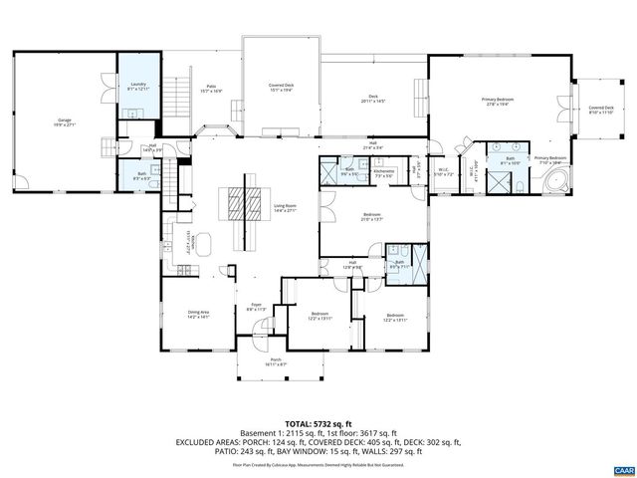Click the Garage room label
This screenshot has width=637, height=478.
click(65, 122)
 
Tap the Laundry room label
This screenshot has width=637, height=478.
click(137, 88)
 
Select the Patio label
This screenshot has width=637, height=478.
click(211, 90)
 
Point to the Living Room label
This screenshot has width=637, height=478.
click(286, 209)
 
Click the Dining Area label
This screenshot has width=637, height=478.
click(199, 315)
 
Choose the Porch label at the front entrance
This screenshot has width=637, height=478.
click(276, 362)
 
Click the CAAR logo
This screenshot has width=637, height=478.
click(623, 468)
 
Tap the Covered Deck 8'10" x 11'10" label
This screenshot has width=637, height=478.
click(600, 110)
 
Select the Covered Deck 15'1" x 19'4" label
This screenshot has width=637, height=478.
click(282, 89)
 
